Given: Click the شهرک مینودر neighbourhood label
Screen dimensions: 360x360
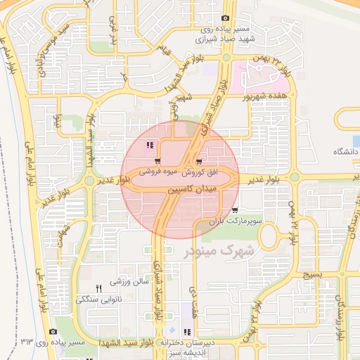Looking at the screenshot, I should (x=219, y=250).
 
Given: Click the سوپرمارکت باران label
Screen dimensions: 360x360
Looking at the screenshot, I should (x=236, y=221).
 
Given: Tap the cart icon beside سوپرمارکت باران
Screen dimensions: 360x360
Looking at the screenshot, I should (x=234, y=210).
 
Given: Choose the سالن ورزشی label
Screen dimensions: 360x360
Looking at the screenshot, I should (x=131, y=281).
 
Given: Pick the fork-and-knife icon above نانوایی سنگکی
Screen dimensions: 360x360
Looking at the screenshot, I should (x=98, y=288).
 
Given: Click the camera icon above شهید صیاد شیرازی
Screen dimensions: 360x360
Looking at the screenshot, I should (x=225, y=18).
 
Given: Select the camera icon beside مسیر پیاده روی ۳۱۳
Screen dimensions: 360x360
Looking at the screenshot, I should (x=53, y=331).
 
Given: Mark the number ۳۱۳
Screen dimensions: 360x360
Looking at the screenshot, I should (x=27, y=342).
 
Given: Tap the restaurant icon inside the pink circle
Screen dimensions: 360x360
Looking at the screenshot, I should (x=149, y=146).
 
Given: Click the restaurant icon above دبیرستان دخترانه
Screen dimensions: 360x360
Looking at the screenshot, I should (x=186, y=332).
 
